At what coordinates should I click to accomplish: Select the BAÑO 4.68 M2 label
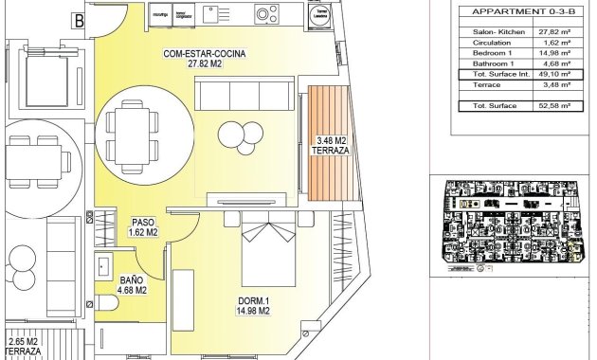(x=133, y=284)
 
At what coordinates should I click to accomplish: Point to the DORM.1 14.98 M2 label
(x=254, y=305)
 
